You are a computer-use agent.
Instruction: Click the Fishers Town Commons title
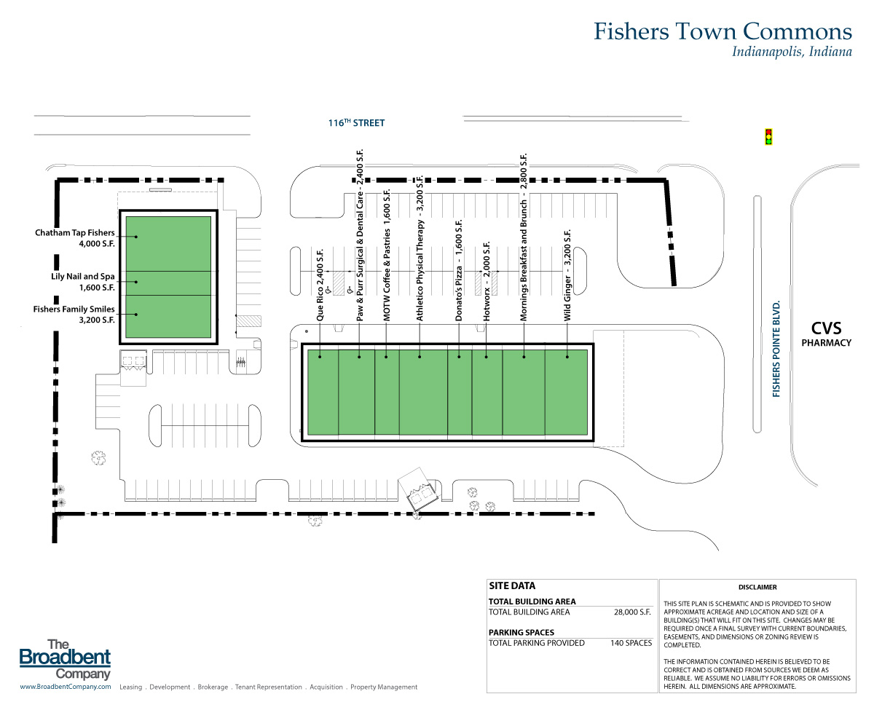(x=722, y=31)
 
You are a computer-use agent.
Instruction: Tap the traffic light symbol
(x=768, y=136)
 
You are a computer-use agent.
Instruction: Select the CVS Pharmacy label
(x=826, y=334)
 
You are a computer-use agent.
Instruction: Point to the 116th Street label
(x=356, y=123)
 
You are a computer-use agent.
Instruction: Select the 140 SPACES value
(x=631, y=643)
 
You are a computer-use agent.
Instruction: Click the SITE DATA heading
(x=512, y=586)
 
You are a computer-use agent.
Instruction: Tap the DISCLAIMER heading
(x=757, y=587)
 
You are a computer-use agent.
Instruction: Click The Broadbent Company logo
(x=65, y=659)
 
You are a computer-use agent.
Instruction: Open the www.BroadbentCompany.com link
(x=65, y=687)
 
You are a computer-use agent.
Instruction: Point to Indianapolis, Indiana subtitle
(x=792, y=52)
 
